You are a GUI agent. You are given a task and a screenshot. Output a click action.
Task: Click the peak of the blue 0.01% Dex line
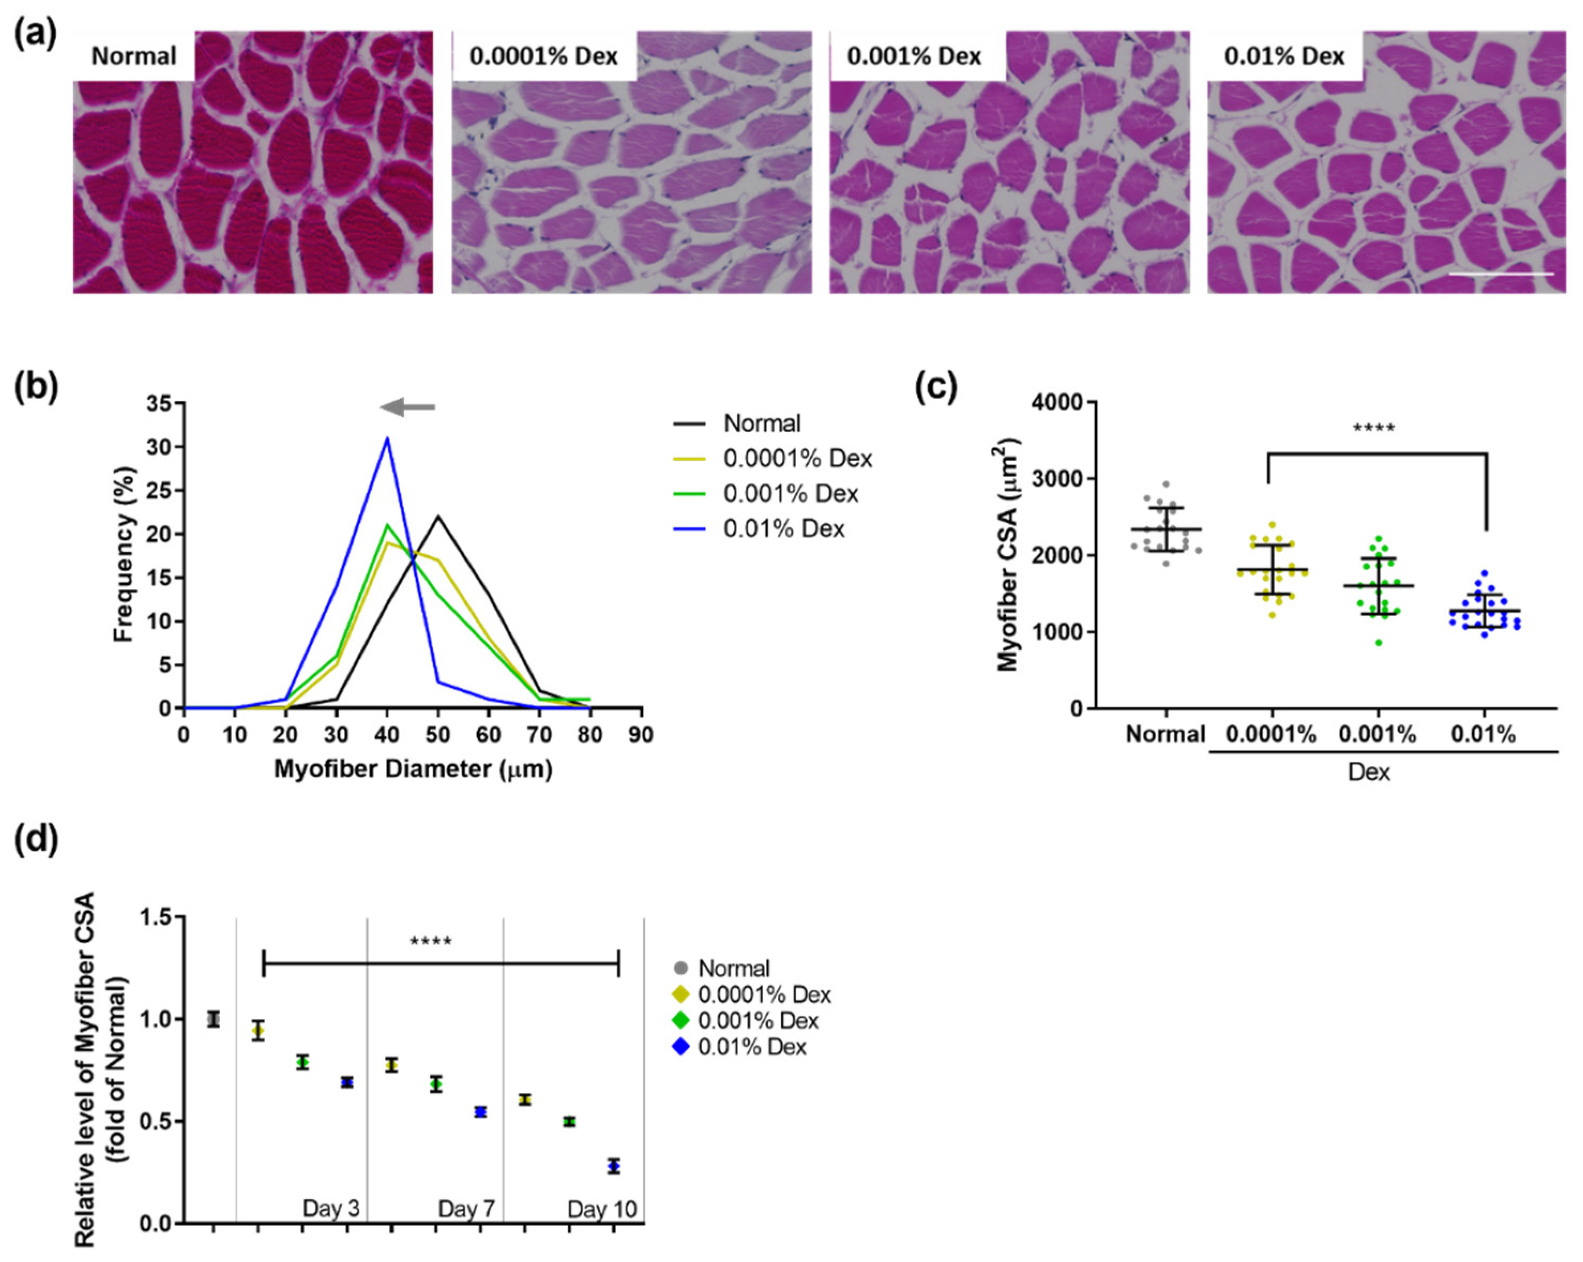point(387,439)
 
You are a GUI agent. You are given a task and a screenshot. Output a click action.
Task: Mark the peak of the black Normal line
point(438,516)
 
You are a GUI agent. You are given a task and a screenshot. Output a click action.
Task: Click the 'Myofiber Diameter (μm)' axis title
point(413,769)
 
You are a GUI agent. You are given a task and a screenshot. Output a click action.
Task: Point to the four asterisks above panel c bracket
point(1373,428)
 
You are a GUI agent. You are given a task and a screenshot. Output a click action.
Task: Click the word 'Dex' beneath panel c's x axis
point(1369,772)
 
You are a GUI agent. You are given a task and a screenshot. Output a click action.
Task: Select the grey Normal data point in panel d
point(214,1020)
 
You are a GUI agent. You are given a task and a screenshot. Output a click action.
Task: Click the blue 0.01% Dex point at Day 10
point(614,1166)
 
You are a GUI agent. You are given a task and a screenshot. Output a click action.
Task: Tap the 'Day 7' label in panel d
point(466,1208)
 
